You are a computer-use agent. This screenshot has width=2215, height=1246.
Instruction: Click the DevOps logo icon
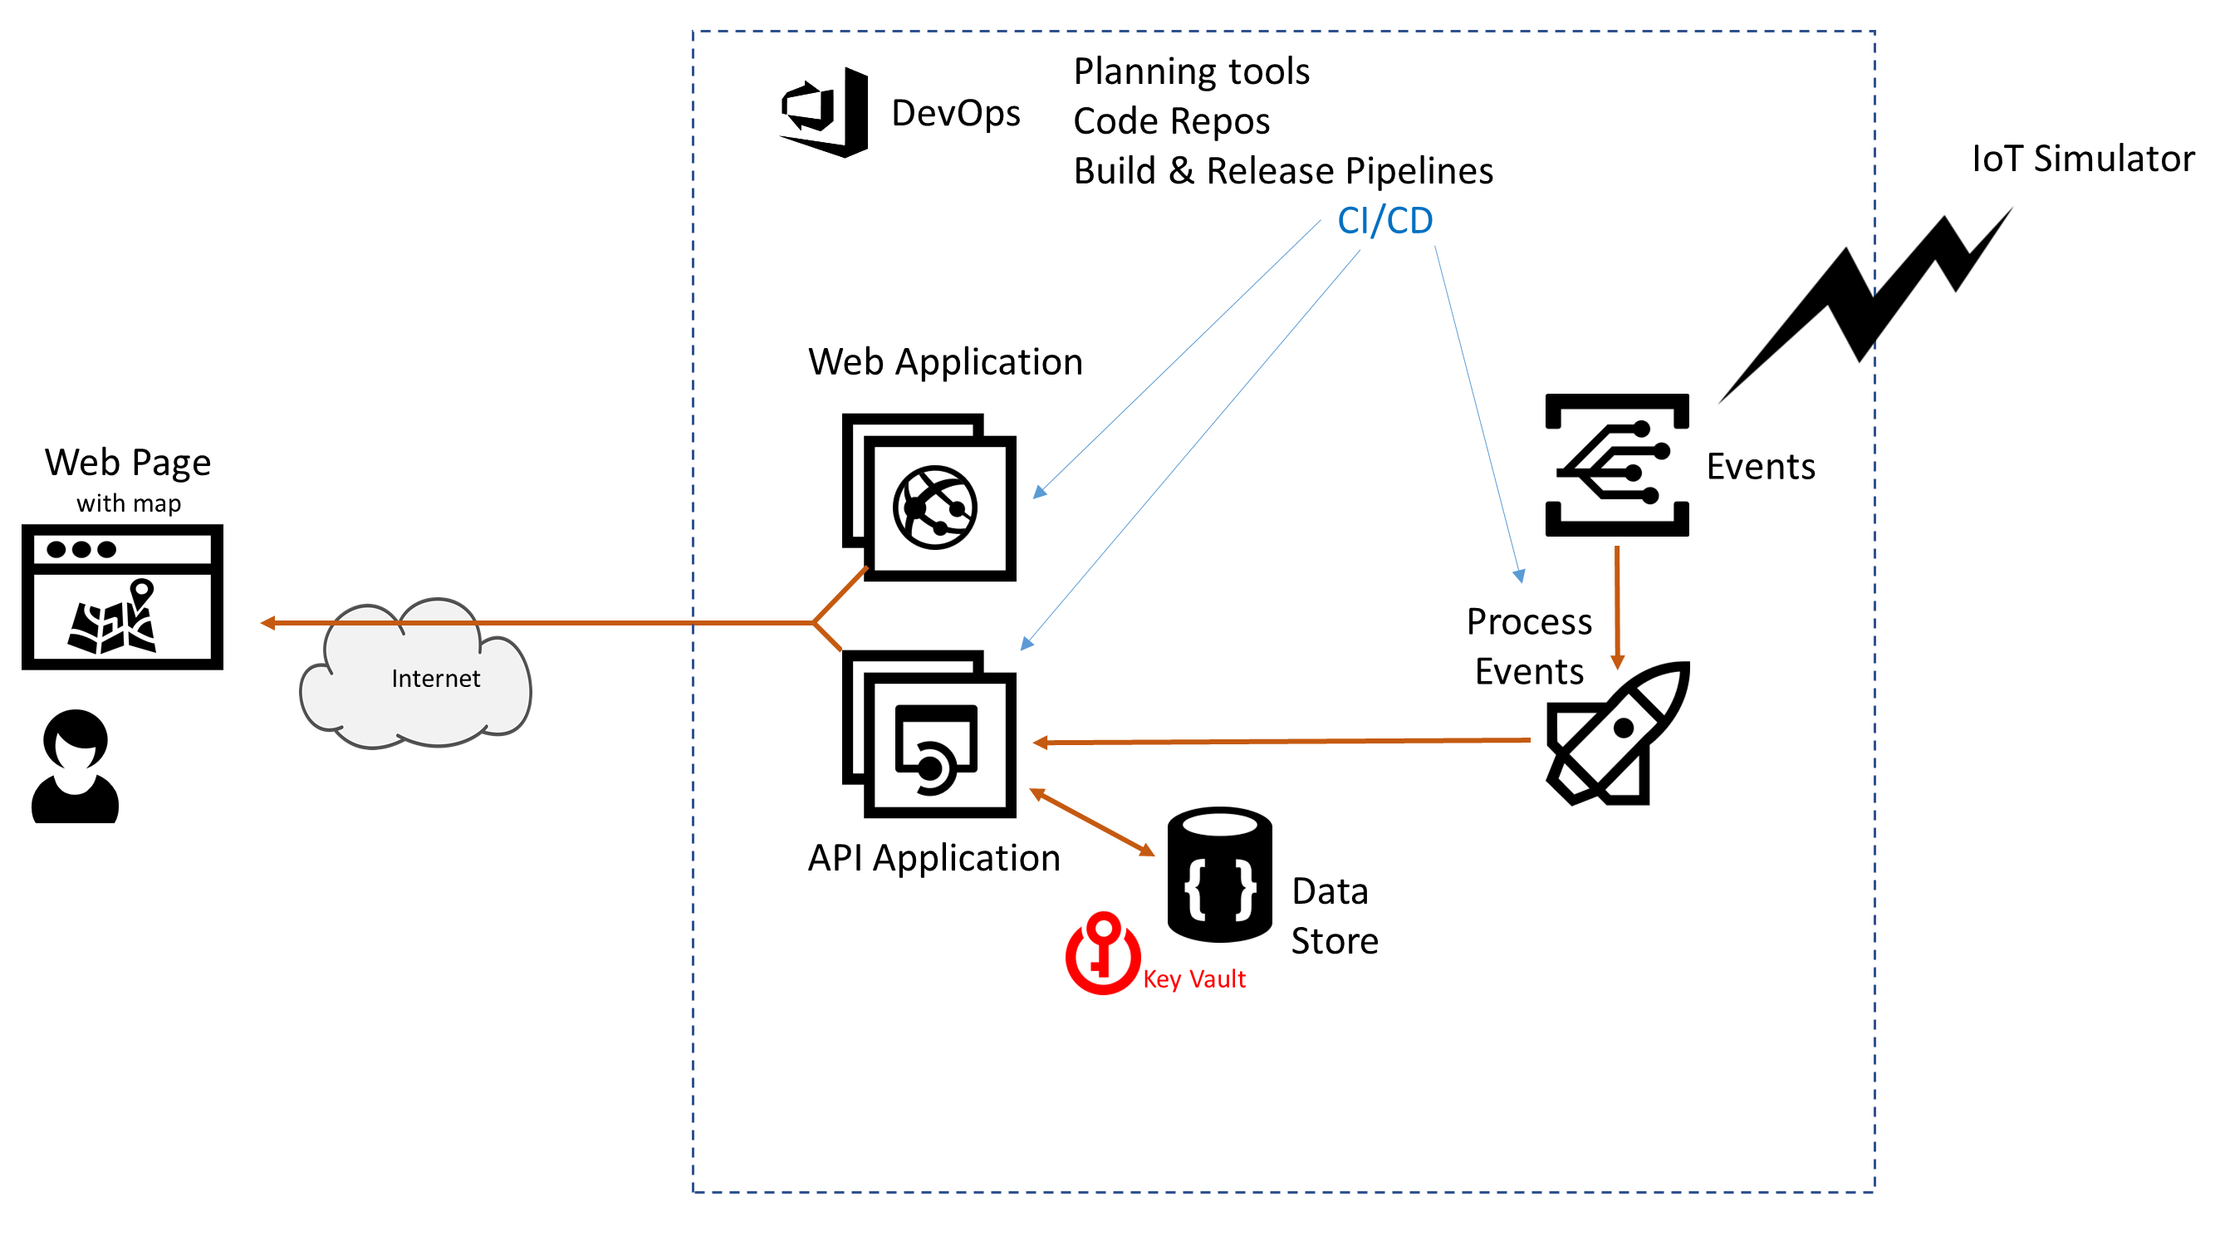(824, 113)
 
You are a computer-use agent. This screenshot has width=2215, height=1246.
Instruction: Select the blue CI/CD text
(1384, 221)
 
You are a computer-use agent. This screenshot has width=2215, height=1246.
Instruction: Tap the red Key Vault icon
(1102, 954)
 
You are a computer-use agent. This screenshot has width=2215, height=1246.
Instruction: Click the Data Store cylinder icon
(1219, 875)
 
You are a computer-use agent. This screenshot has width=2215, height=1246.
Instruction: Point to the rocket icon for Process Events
(1617, 733)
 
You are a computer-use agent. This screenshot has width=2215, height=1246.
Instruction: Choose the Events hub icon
(1616, 465)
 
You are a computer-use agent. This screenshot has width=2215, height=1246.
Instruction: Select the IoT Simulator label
(2082, 159)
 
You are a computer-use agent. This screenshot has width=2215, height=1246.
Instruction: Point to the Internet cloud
(416, 675)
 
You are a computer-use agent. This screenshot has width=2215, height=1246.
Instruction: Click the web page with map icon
(122, 596)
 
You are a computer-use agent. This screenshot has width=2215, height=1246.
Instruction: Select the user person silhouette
(76, 766)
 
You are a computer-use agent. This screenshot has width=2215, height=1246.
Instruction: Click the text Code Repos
(1171, 121)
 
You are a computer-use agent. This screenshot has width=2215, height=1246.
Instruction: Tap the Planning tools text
(1191, 71)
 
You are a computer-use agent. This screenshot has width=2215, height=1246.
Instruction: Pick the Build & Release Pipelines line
(1283, 171)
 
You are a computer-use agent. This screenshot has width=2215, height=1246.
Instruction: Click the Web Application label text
(945, 362)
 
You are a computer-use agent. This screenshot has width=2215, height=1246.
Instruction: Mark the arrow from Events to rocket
(1617, 606)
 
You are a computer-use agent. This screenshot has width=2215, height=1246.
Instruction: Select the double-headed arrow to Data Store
(1092, 822)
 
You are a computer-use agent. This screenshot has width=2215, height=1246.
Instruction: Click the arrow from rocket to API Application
(1281, 741)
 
